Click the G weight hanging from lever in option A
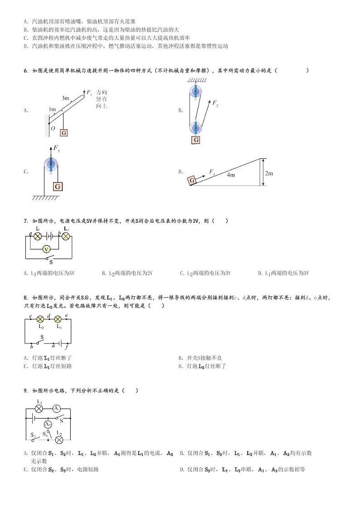[x=63, y=133]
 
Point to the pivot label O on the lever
[x=53, y=128]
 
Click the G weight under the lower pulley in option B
[x=196, y=140]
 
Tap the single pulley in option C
[x=51, y=164]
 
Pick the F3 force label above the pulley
[x=57, y=148]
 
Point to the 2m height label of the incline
[x=269, y=173]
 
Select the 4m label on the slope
[x=231, y=175]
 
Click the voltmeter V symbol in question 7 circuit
[x=45, y=249]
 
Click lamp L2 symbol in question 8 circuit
[x=40, y=319]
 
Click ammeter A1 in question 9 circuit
[x=57, y=408]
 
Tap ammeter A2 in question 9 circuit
[x=48, y=424]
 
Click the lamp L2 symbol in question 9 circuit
[x=58, y=439]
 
